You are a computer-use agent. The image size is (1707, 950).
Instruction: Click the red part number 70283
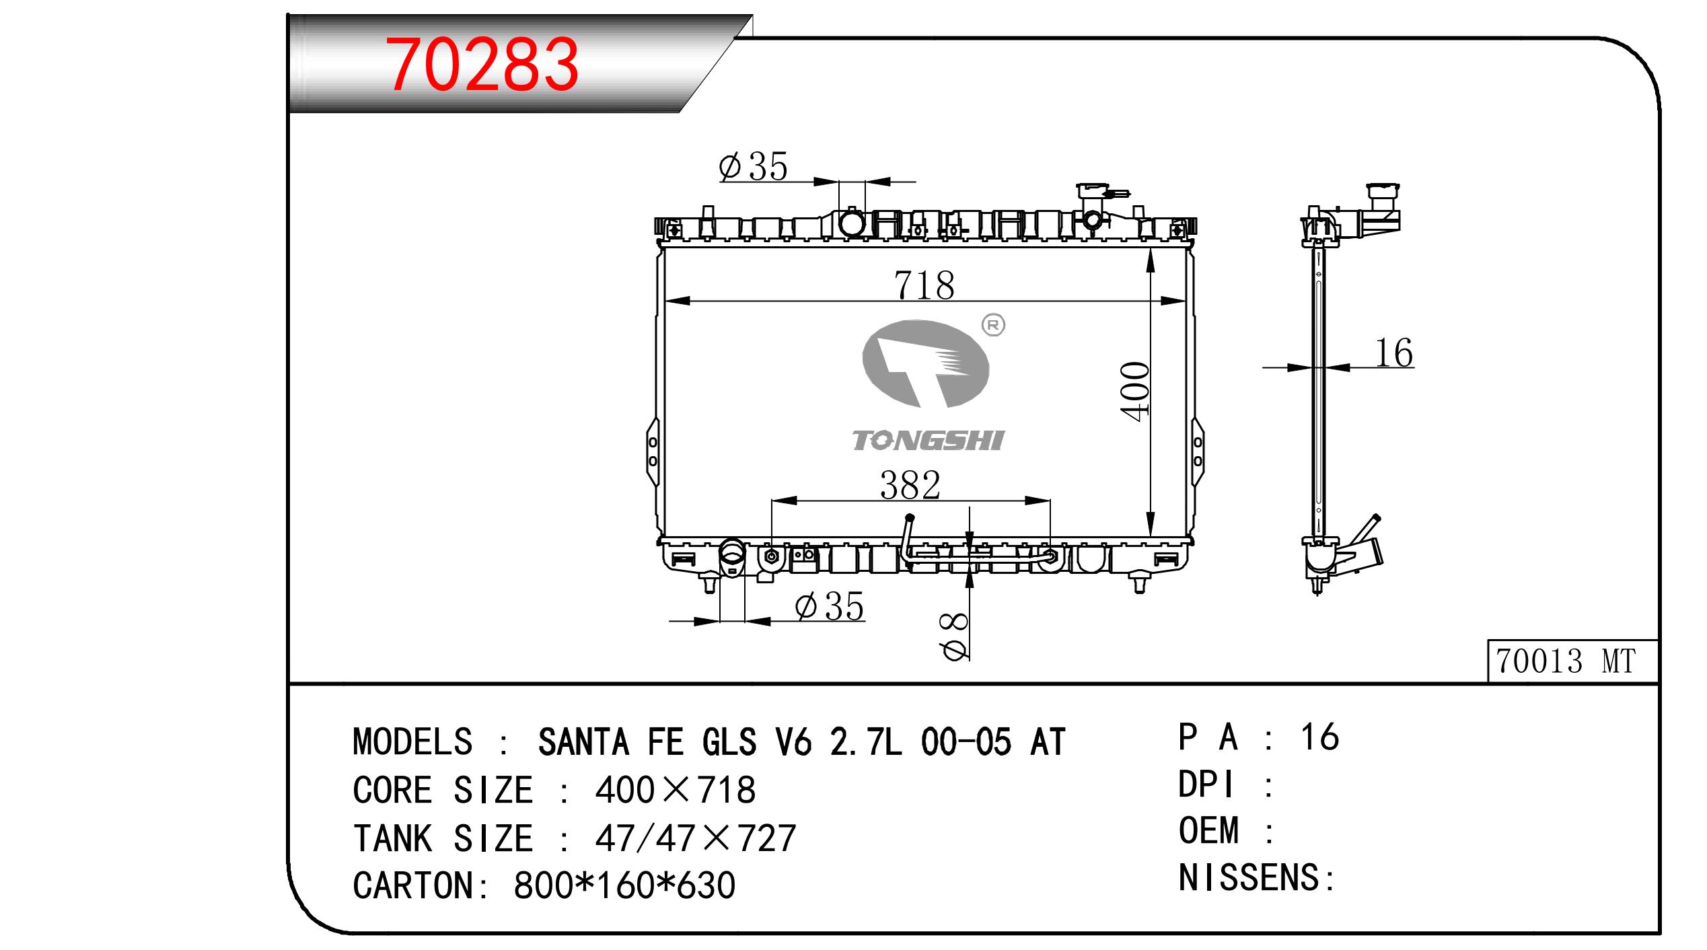pos(482,65)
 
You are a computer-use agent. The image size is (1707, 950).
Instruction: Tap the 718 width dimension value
pos(924,285)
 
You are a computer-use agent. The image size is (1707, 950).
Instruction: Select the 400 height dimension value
pos(1134,392)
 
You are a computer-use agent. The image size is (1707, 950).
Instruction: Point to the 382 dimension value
pos(910,485)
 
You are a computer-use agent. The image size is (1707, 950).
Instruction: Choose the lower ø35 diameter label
pos(829,607)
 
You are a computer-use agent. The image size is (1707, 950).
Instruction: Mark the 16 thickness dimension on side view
pos(1393,353)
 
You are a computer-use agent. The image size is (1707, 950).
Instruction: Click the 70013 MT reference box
pos(1572,661)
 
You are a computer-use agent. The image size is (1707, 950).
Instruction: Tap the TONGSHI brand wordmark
pos(928,441)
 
